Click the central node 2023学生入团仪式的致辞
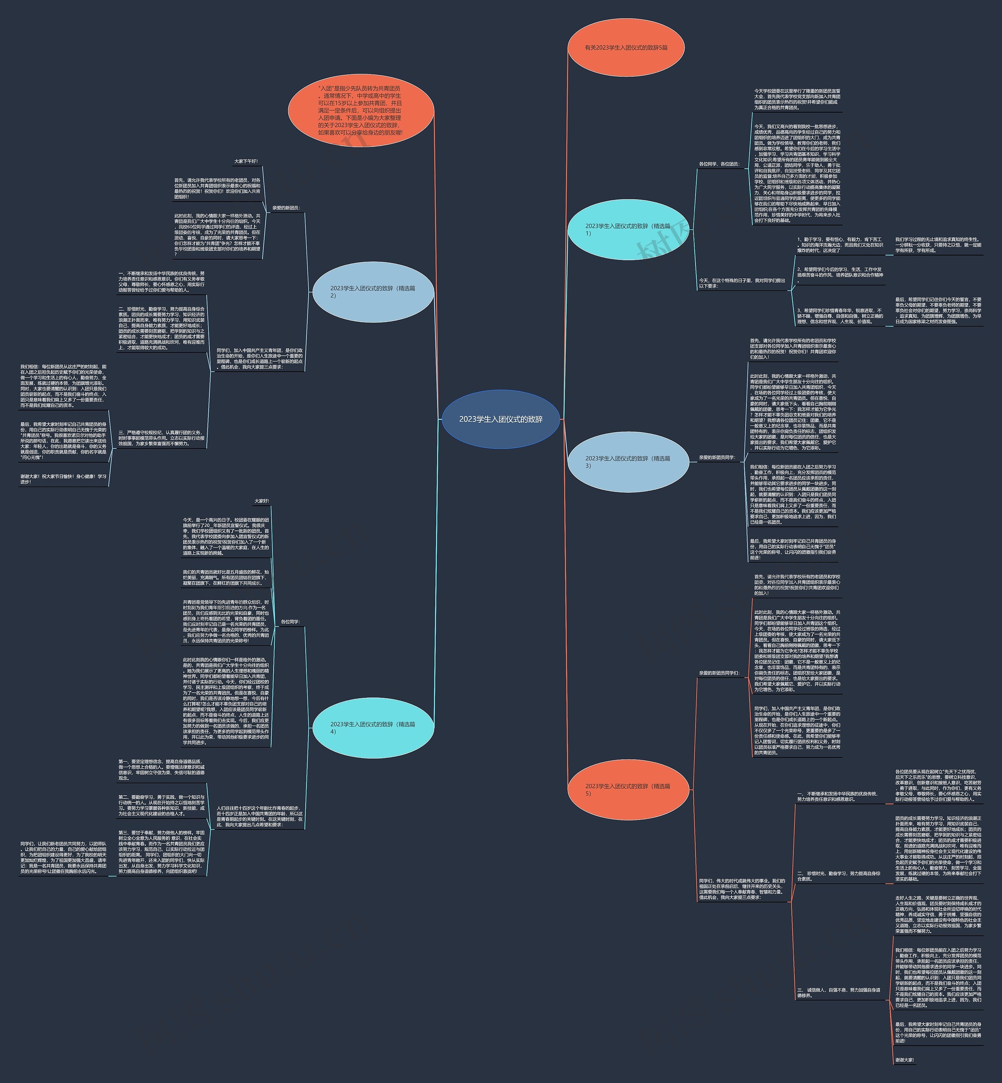click(x=501, y=419)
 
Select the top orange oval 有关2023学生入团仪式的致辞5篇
click(x=626, y=48)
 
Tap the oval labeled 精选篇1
click(x=628, y=229)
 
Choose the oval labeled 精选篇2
click(x=373, y=292)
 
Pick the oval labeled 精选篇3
click(x=628, y=461)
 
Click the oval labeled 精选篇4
click(x=373, y=727)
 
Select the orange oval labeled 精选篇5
click(x=628, y=789)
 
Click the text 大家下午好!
click(x=246, y=161)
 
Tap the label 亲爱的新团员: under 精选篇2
click(x=286, y=208)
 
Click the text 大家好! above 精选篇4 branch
click(x=261, y=501)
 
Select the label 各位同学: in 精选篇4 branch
click(x=290, y=622)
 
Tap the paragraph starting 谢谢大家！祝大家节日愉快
click(x=63, y=479)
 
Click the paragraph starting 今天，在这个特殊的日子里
click(x=742, y=283)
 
